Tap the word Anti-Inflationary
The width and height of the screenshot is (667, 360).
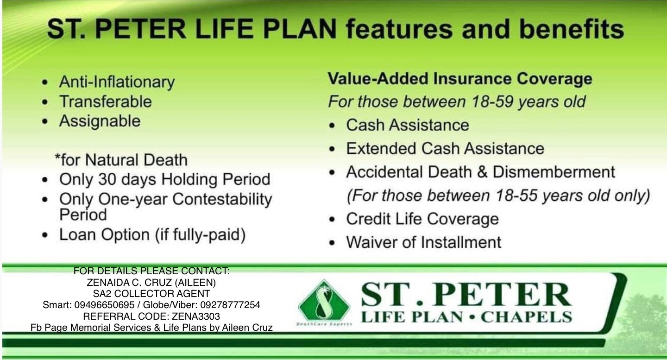point(117,82)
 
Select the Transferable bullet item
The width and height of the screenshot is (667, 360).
point(106,101)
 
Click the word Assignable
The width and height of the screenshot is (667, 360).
point(100,121)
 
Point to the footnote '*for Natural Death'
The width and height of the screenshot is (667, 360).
point(121,160)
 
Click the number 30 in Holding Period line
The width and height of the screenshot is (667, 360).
point(107,179)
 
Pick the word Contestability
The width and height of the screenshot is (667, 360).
point(222,199)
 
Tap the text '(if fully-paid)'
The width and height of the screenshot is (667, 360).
point(201,234)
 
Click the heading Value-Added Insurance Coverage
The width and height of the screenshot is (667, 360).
point(460,79)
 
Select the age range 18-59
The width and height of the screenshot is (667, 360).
point(493,102)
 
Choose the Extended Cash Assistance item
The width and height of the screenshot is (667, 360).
point(445,148)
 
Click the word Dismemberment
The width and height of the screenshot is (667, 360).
point(554,172)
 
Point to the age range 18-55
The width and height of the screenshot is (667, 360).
point(516,196)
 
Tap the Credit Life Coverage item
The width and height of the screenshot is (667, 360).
point(422,219)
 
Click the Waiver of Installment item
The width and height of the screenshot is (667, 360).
point(424,242)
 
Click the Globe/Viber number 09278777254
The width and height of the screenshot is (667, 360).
point(230,305)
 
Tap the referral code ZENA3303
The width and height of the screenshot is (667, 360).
point(196,316)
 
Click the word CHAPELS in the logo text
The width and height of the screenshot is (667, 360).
point(527,317)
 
